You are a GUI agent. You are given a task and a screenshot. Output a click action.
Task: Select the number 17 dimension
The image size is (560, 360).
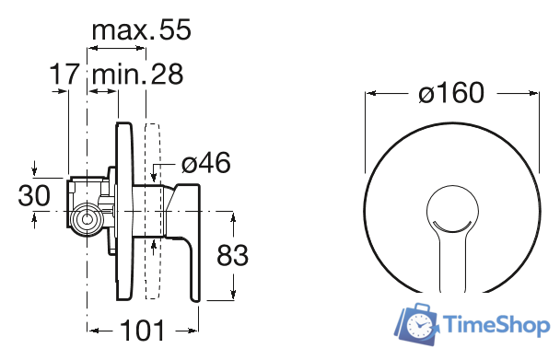pyautogui.click(x=64, y=74)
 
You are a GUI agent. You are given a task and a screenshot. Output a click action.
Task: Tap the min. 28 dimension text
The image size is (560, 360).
pyautogui.click(x=137, y=74)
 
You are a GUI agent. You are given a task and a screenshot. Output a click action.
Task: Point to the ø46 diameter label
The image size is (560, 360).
pyautogui.click(x=205, y=163)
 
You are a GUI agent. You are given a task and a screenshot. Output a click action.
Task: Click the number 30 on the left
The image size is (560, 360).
pyautogui.click(x=34, y=195)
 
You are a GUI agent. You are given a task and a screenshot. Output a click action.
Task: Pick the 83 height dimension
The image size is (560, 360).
pyautogui.click(x=232, y=255)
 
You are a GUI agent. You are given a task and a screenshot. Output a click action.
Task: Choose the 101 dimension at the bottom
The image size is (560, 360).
pyautogui.click(x=143, y=331)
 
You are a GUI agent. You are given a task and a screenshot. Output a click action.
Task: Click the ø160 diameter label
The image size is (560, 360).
pyautogui.click(x=451, y=93)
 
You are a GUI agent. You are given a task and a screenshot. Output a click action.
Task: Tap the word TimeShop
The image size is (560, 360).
pyautogui.click(x=496, y=325)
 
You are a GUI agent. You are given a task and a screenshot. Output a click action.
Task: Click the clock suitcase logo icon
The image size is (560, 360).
pyautogui.click(x=417, y=323)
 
